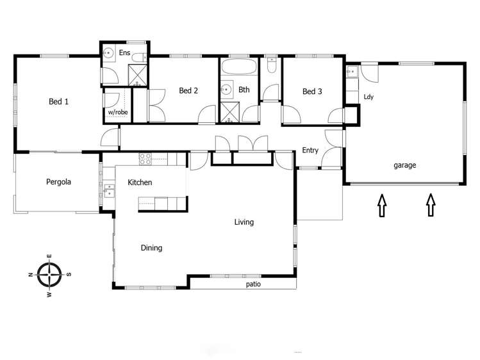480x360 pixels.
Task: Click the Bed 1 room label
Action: [58, 101]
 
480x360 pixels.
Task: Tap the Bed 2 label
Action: [188, 91]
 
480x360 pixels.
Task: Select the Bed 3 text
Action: [311, 92]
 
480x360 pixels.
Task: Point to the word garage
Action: [404, 165]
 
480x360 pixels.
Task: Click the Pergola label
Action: [58, 182]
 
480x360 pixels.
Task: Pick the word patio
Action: [253, 284]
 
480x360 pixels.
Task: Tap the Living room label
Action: [244, 222]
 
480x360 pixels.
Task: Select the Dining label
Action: [151, 248]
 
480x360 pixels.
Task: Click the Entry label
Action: [310, 151]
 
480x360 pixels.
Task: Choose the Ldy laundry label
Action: [368, 97]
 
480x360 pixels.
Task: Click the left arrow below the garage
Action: [382, 206]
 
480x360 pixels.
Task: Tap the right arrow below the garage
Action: [431, 206]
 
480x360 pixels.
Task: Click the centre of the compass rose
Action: [49, 275]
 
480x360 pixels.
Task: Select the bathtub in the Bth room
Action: [238, 67]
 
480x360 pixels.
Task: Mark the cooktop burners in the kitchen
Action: [145, 157]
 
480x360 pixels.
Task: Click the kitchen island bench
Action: [163, 204]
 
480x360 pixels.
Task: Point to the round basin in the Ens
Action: [109, 53]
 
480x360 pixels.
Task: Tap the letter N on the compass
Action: [31, 275]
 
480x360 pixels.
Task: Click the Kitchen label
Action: [140, 183]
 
